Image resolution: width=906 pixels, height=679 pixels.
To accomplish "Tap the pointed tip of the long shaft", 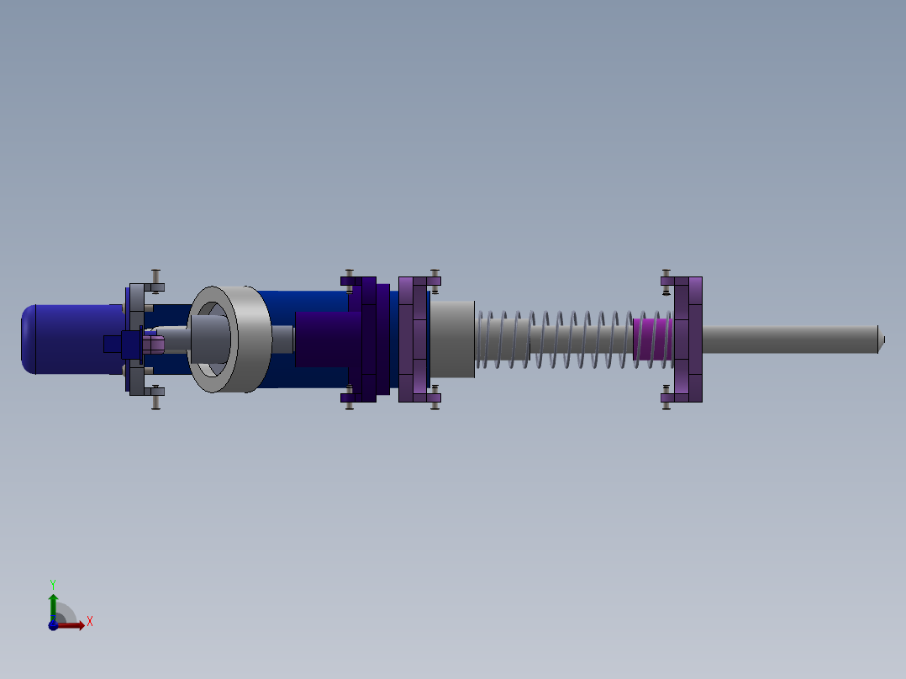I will coord(882,339).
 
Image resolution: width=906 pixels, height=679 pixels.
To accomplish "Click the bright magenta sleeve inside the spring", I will coord(652,339).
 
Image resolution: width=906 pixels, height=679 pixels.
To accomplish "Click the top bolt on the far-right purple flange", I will coord(666,276).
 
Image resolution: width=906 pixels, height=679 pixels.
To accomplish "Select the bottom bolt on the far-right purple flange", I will coord(666,402).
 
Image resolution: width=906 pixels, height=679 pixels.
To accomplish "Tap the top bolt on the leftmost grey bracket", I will coord(155,278).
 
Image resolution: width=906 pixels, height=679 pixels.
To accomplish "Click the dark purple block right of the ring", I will coord(328,339).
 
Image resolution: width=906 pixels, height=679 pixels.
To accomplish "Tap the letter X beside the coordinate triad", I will coord(89,622).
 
